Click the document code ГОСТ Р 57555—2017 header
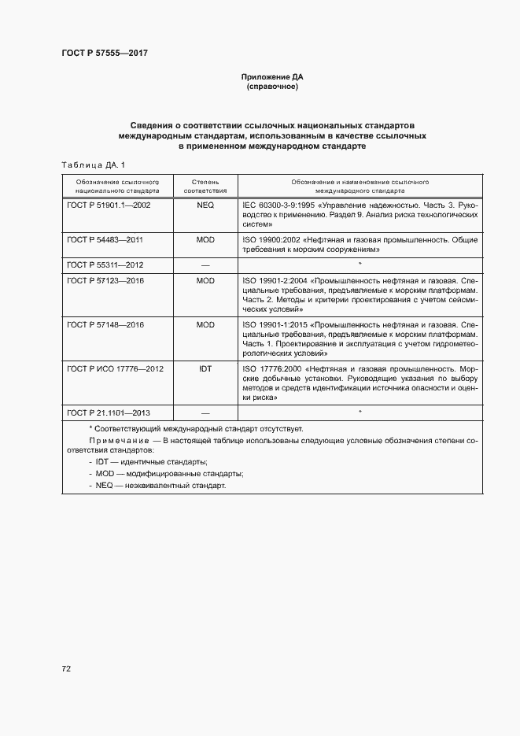point(105,53)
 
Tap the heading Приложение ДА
point(271,77)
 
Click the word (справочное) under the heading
point(271,87)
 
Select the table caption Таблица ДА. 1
point(93,165)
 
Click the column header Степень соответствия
point(205,186)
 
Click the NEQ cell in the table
point(205,204)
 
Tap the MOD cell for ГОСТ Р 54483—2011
point(205,239)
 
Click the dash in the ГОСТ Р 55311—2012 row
point(205,264)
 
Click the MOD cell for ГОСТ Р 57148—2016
point(205,324)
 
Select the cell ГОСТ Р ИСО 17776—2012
point(115,368)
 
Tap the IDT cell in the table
point(205,368)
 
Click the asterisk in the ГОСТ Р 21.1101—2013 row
point(360,412)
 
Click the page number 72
point(66,668)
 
